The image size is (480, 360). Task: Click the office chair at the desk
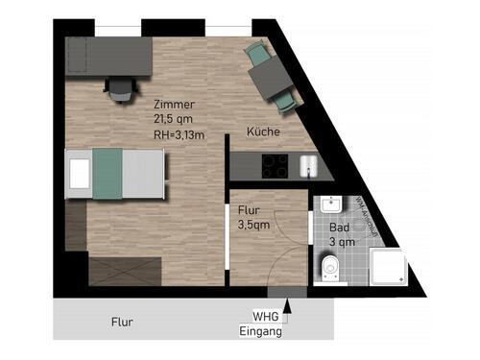[120, 88]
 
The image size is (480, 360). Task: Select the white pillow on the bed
[78, 172]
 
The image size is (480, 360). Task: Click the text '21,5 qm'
[175, 119]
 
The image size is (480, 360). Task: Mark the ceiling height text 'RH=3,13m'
[180, 134]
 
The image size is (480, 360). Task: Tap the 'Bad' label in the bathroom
[340, 228]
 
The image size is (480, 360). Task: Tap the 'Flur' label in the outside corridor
[121, 323]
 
